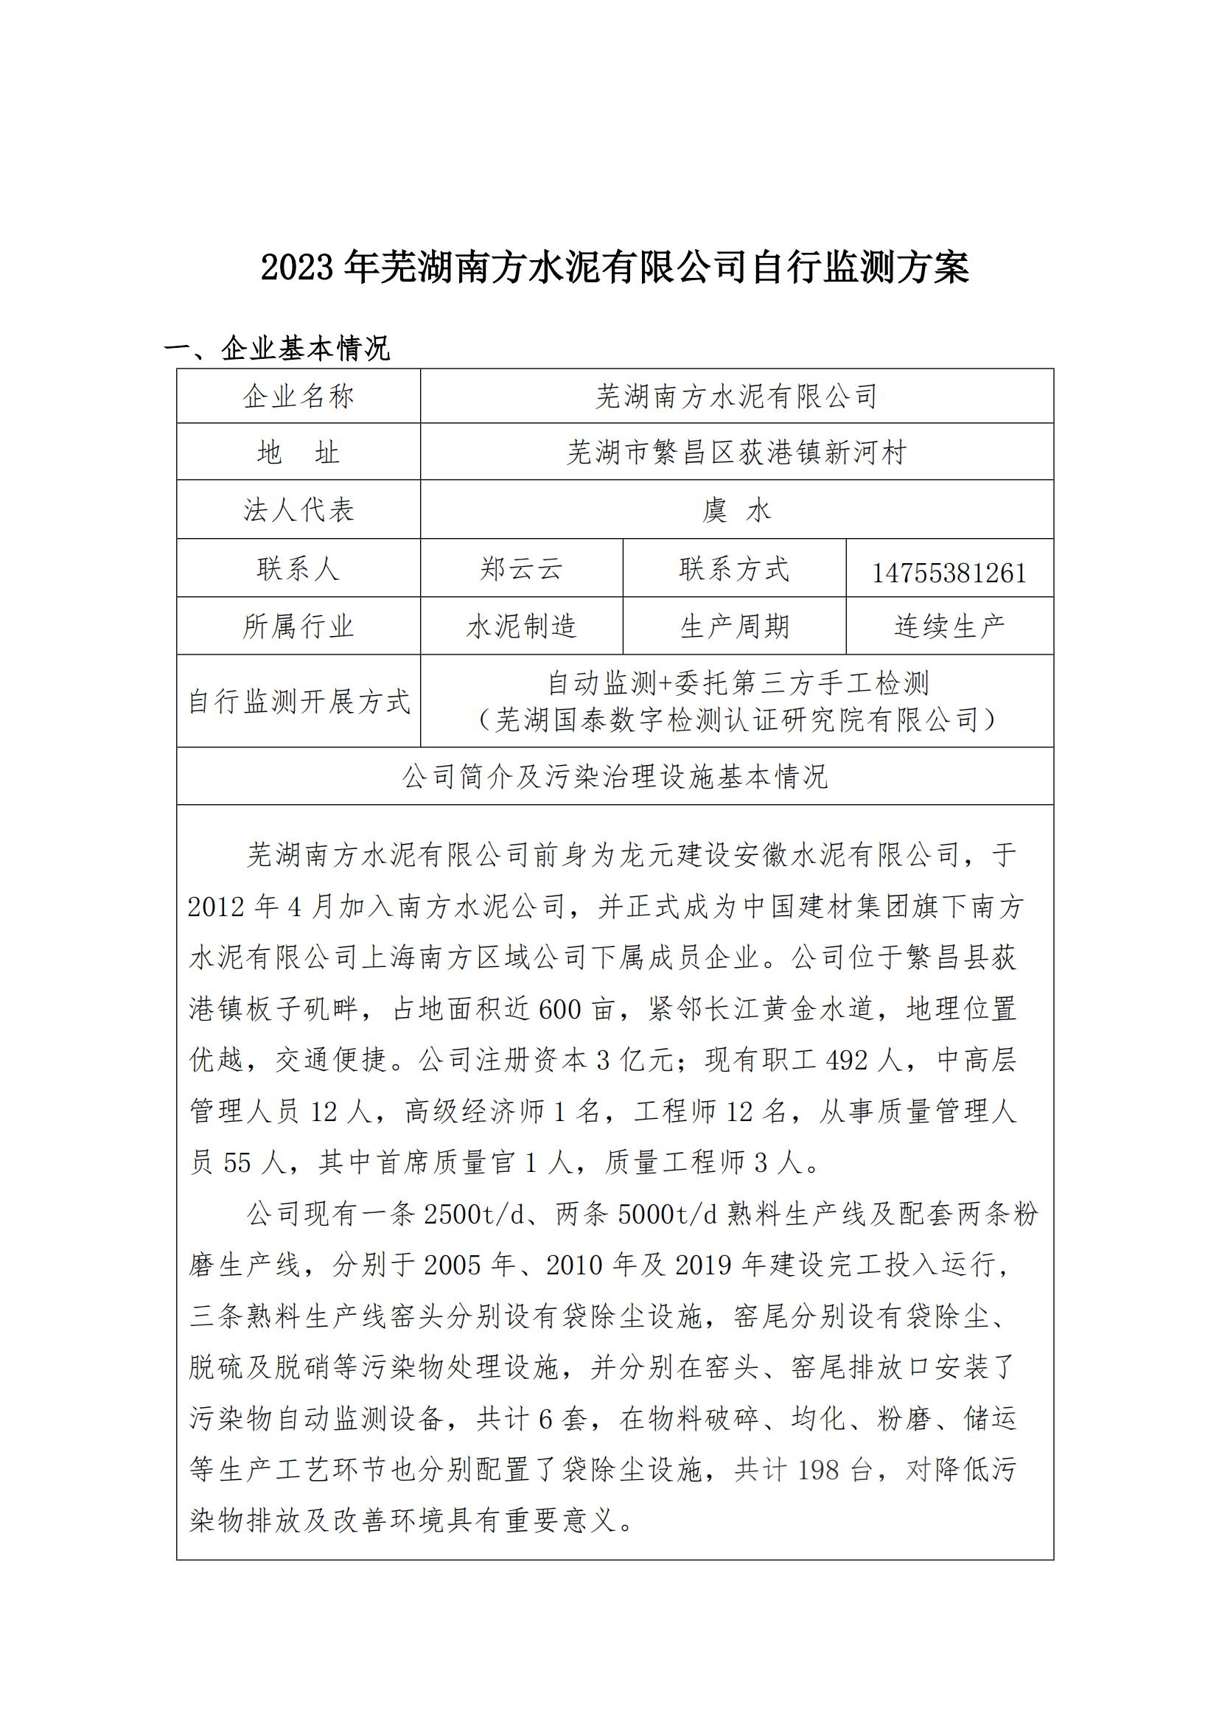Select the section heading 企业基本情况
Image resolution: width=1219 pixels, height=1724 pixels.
click(x=306, y=349)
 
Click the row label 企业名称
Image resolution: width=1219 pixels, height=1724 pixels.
click(x=298, y=397)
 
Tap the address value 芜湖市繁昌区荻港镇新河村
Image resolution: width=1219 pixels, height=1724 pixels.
click(x=736, y=453)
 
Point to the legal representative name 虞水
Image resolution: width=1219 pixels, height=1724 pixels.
click(x=736, y=511)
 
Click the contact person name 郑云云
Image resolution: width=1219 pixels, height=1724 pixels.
click(x=521, y=569)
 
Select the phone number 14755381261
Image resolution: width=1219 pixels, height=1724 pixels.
click(x=949, y=573)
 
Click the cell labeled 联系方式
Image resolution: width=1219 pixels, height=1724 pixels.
click(x=734, y=569)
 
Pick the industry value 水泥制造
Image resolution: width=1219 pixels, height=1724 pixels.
click(x=521, y=627)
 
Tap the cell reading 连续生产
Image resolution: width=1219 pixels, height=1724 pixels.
click(x=949, y=627)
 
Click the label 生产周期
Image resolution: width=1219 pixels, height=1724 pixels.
click(x=734, y=627)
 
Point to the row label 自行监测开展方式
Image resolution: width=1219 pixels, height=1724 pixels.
click(x=298, y=701)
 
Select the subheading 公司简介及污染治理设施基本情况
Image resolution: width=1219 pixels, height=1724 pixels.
click(x=615, y=777)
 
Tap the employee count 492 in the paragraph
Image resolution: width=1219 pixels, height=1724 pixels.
click(x=847, y=1060)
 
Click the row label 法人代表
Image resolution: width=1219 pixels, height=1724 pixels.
click(x=298, y=511)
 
